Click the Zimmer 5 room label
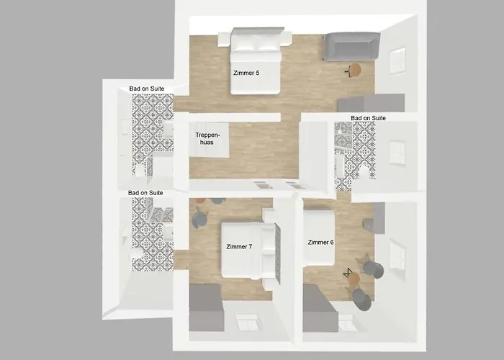click(246, 73)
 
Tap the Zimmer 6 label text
click(320, 243)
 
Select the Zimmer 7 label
click(239, 246)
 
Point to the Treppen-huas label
click(207, 138)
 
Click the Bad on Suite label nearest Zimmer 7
click(145, 193)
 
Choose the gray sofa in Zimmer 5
click(352, 46)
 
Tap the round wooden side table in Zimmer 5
click(355, 70)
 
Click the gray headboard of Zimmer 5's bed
click(258, 31)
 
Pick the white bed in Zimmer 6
click(319, 238)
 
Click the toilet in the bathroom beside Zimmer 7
click(136, 255)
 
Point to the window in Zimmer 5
click(397, 60)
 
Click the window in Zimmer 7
click(246, 322)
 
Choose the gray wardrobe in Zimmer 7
click(207, 308)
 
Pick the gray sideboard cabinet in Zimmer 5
click(371, 103)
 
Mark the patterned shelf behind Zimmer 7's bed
click(279, 253)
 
